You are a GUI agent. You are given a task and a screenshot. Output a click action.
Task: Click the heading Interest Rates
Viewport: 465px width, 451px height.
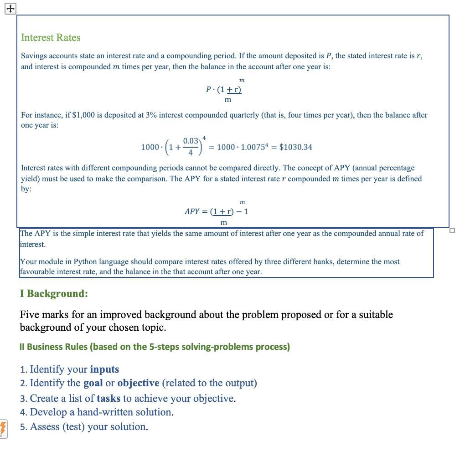[51, 38]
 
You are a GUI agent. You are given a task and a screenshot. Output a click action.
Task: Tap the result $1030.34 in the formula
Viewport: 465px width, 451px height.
[295, 147]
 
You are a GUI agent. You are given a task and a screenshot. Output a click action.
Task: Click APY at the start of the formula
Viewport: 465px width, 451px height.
[191, 211]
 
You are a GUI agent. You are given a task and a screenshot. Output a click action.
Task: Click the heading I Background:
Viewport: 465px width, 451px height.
[54, 293]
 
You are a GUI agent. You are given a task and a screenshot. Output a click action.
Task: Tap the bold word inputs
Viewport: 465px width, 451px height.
[104, 369]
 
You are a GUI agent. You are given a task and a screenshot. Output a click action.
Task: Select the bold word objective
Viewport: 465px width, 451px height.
[138, 383]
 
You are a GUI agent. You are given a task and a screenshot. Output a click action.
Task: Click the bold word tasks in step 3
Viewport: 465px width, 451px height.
[108, 399]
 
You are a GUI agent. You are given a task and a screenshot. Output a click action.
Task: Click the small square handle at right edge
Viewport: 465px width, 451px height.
[452, 231]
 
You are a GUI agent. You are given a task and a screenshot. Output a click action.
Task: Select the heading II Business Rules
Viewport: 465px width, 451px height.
[155, 347]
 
